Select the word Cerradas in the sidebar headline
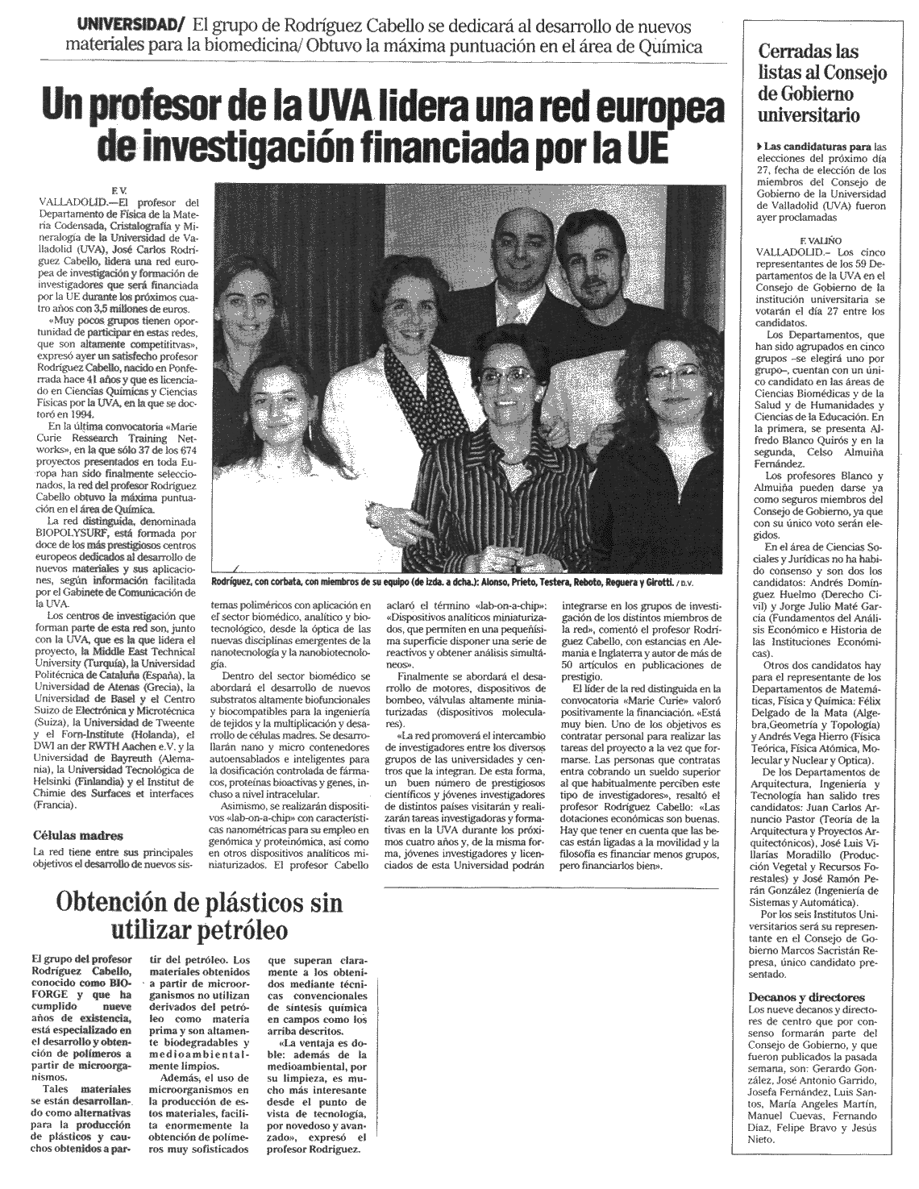pyautogui.click(x=798, y=52)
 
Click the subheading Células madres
pyautogui.click(x=78, y=836)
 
